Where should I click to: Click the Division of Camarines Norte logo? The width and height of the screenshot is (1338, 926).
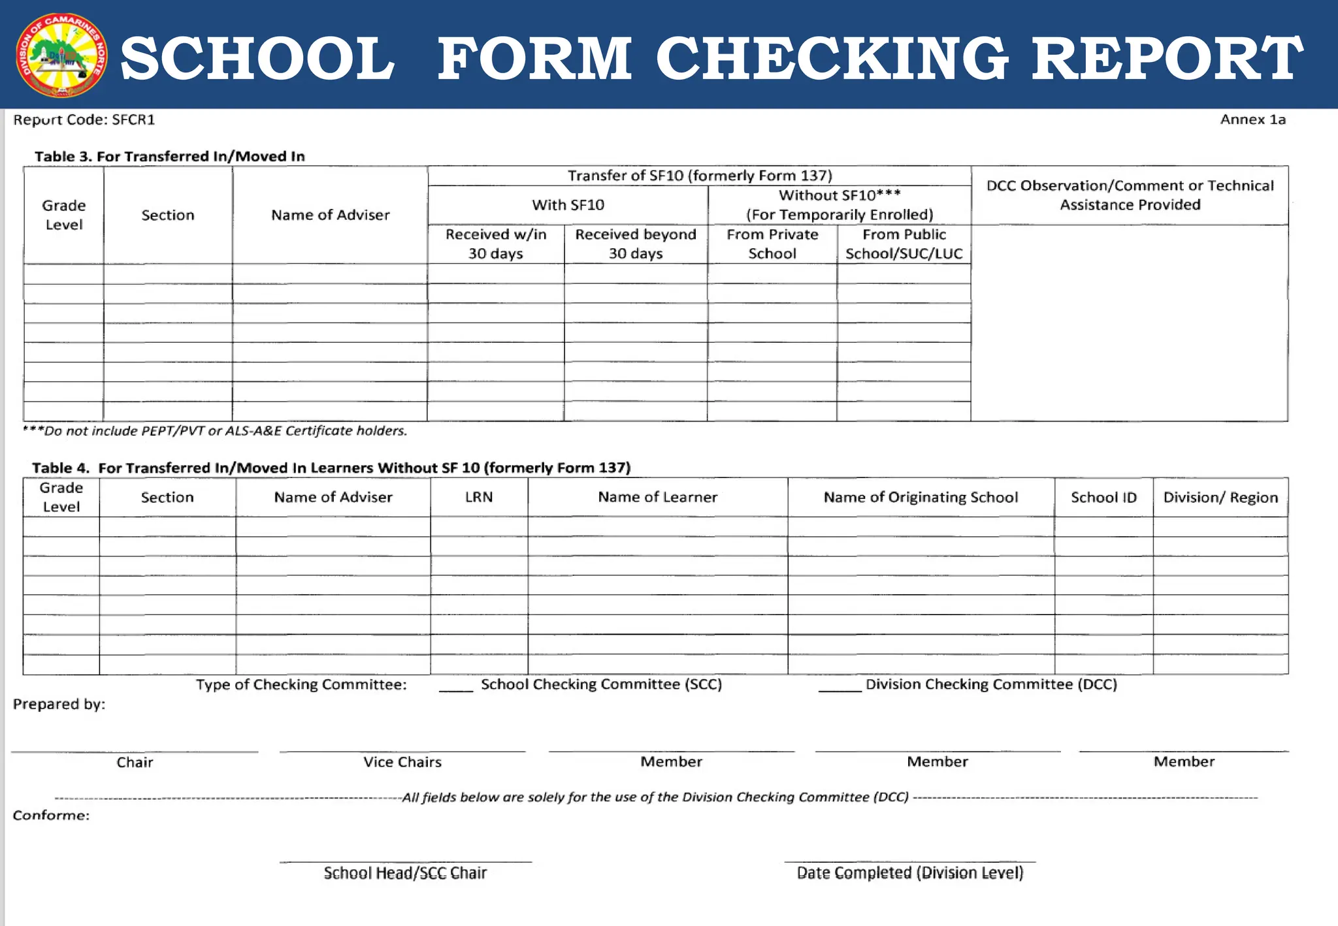coord(61,56)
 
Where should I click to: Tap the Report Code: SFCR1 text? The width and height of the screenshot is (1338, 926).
coord(84,120)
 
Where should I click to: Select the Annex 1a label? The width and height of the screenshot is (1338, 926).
coord(1252,120)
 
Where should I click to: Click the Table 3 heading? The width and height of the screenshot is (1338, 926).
coord(169,156)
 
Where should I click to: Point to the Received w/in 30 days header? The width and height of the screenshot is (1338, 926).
coord(495,244)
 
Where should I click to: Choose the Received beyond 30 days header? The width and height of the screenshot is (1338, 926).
coord(635,244)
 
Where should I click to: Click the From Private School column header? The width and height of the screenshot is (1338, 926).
coord(772,244)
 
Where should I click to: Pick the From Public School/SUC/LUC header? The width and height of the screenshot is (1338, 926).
coord(904,244)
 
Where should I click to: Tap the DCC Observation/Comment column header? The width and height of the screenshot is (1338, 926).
coord(1130,195)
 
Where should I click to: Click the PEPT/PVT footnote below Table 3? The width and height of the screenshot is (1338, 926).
coord(214,431)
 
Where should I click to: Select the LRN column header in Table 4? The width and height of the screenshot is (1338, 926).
coord(479,497)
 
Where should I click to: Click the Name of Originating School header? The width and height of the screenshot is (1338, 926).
coord(921,497)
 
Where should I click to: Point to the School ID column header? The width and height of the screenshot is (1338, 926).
coord(1103,497)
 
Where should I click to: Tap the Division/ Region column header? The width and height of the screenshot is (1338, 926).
coord(1220,497)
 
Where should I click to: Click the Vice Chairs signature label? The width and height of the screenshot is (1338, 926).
coord(402,762)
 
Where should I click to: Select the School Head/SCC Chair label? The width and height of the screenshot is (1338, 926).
coord(405,873)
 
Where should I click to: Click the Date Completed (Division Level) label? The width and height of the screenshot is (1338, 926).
coord(909,873)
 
